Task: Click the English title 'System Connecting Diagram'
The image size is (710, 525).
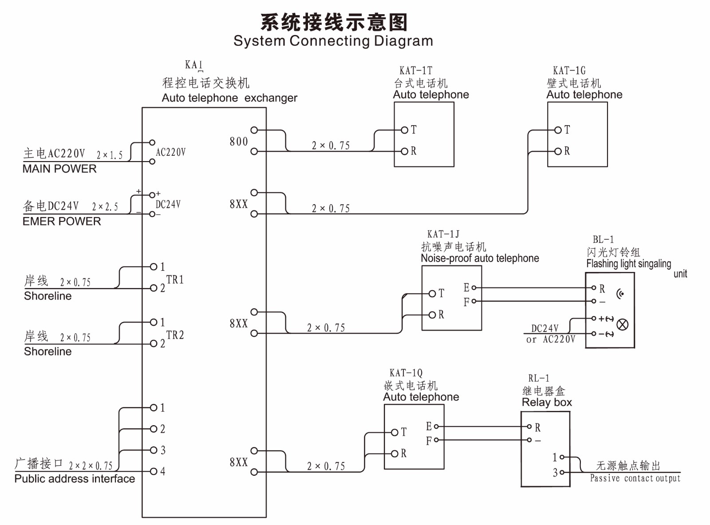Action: (x=333, y=41)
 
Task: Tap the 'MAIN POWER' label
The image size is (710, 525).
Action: (x=59, y=169)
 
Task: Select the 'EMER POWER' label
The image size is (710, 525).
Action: (x=62, y=221)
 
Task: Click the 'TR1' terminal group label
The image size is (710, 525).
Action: (x=175, y=280)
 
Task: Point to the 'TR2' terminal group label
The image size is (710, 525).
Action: (x=175, y=335)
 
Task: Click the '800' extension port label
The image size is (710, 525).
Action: (x=239, y=142)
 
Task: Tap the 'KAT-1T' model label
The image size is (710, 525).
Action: (x=415, y=71)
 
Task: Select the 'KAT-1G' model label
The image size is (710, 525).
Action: (x=569, y=71)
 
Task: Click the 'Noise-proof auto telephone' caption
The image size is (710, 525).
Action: (x=480, y=258)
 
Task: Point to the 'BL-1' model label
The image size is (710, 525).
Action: (x=603, y=240)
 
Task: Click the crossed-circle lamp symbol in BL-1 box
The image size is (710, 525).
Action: (x=623, y=325)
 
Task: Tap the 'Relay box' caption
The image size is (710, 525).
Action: (x=547, y=403)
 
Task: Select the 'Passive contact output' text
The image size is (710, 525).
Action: (x=635, y=478)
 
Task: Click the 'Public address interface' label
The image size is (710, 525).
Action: (x=75, y=479)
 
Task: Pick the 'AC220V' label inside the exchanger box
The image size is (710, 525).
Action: (x=171, y=152)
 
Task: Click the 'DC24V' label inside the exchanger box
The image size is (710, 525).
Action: (x=168, y=205)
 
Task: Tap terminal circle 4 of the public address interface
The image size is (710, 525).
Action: (x=154, y=471)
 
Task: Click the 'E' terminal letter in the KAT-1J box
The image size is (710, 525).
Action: (x=466, y=288)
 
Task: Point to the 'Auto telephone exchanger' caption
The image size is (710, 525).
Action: (x=229, y=98)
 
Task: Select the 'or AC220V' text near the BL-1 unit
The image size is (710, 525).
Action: (x=551, y=339)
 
